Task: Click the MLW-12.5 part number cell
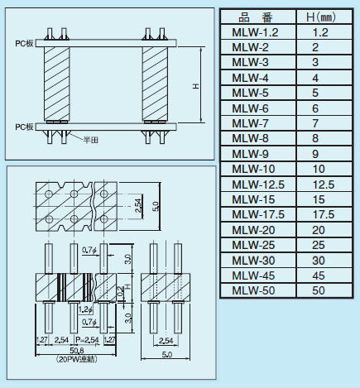point(258,184)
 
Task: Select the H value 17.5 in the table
point(324,214)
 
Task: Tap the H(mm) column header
point(321,17)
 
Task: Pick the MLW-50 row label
point(253,290)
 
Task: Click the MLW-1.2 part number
point(255,32)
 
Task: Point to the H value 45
point(319,275)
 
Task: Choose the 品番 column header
point(255,17)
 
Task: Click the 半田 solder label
point(91,140)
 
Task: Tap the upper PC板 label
point(24,44)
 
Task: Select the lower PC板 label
point(24,127)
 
